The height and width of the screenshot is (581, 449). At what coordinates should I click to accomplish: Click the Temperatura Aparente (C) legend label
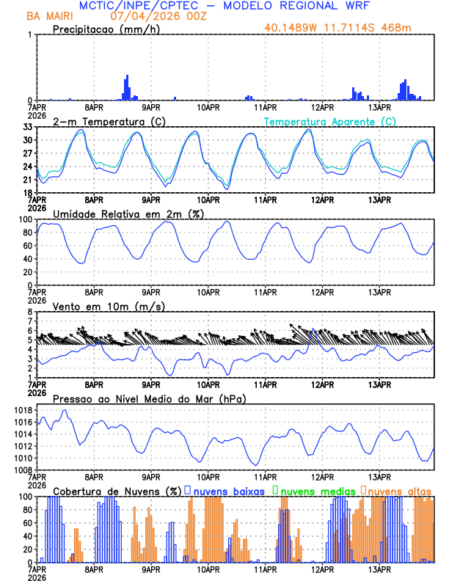pos(329,121)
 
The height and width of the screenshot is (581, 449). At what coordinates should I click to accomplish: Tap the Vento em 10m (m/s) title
pos(109,306)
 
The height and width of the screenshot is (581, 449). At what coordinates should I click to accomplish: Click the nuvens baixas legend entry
pos(227,490)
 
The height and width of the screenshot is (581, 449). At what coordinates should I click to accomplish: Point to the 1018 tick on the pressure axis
pos(23,409)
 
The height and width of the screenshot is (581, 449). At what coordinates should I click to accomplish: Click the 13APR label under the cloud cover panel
pos(379,569)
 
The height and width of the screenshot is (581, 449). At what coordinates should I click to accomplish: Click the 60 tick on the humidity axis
pos(28,246)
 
